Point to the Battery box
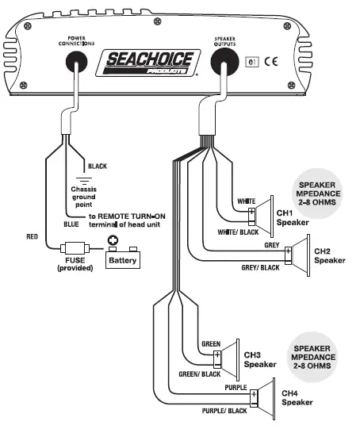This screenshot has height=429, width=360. pos(123,259)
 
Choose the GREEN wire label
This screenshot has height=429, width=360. pos(210,344)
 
